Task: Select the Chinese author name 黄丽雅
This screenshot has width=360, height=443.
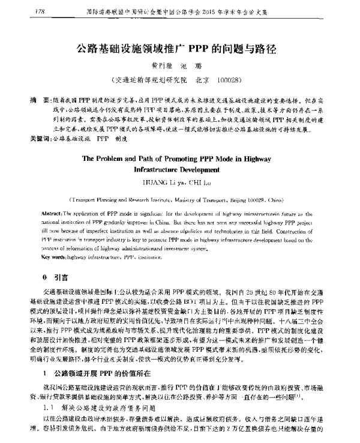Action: pyautogui.click(x=157, y=64)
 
